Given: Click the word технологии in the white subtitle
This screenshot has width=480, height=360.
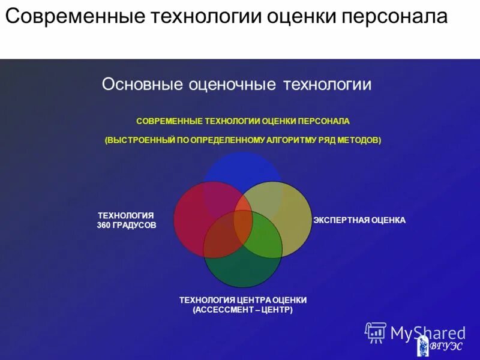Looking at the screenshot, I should [x=323, y=84].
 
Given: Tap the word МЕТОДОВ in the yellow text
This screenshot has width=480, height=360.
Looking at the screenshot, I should [x=359, y=140].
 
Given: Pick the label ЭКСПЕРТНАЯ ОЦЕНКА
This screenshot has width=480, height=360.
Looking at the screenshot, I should [x=359, y=220].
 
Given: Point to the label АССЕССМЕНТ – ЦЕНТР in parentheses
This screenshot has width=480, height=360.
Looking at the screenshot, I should [x=243, y=310].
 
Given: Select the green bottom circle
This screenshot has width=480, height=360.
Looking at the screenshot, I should [x=243, y=267].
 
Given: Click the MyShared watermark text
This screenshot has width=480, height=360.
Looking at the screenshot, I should [x=428, y=332].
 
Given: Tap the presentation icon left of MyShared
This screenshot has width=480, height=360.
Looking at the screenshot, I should [x=376, y=332].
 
